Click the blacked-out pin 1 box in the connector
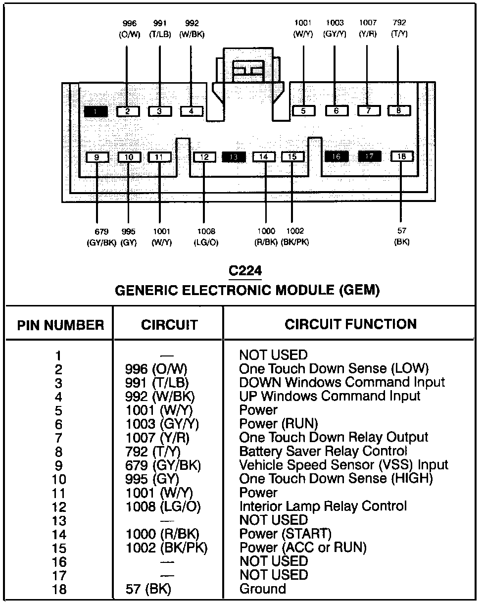coord(96,111)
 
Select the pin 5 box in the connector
coord(303,111)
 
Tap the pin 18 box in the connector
coord(402,156)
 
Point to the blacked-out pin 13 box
coord(235,157)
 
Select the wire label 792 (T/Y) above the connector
coord(399,29)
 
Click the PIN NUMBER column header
coord(60,325)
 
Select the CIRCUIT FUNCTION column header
coord(350,324)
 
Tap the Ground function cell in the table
coord(262,589)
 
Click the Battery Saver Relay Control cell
coord(323,452)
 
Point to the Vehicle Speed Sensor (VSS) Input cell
coord(343,465)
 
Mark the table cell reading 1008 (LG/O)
coord(163,507)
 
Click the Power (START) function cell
coord(285,534)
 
